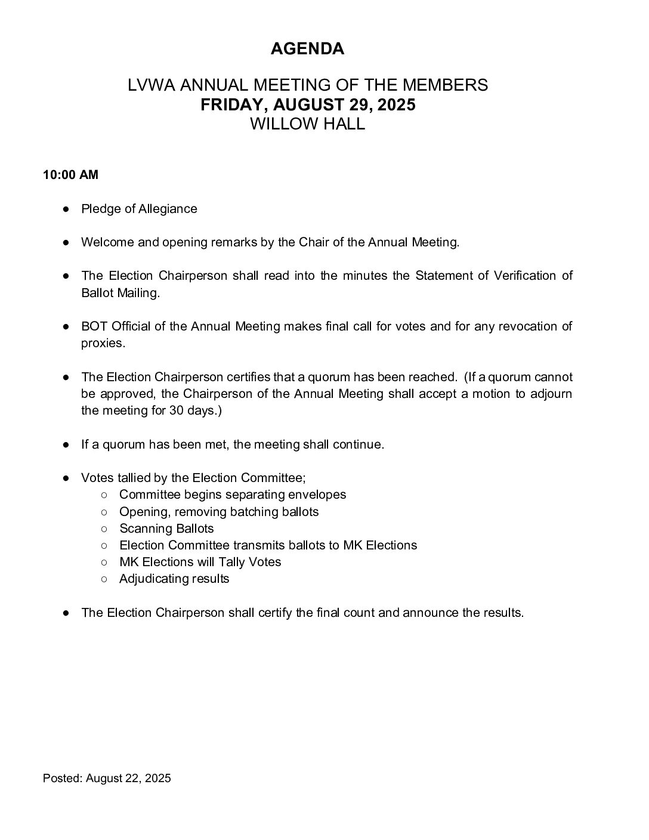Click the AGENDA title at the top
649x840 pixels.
pos(307,49)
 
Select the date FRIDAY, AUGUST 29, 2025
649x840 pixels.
pos(307,104)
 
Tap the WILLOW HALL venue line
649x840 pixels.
pos(307,124)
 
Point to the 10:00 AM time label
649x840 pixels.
pos(70,175)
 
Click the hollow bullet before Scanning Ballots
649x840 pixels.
pos(104,529)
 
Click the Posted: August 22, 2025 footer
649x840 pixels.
pos(107,778)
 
